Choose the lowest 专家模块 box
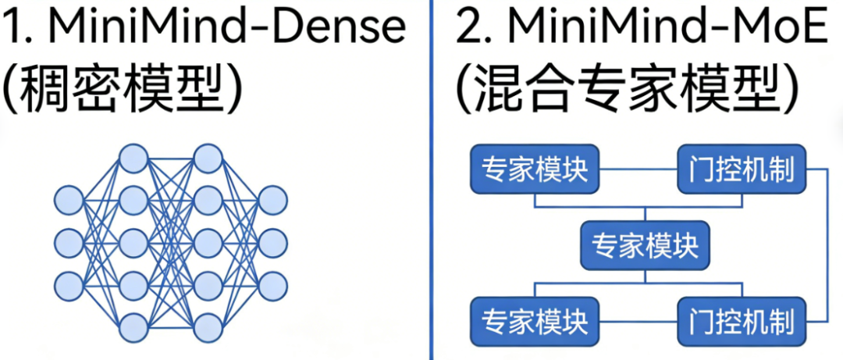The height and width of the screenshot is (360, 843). (534, 321)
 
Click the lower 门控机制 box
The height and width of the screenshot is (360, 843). (741, 321)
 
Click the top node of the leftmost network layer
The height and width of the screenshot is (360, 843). (69, 200)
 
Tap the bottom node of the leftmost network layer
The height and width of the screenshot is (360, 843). (69, 284)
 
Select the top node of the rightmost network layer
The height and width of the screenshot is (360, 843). (273, 200)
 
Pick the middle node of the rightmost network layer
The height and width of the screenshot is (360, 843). (273, 242)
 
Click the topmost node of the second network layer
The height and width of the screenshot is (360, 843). (133, 158)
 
